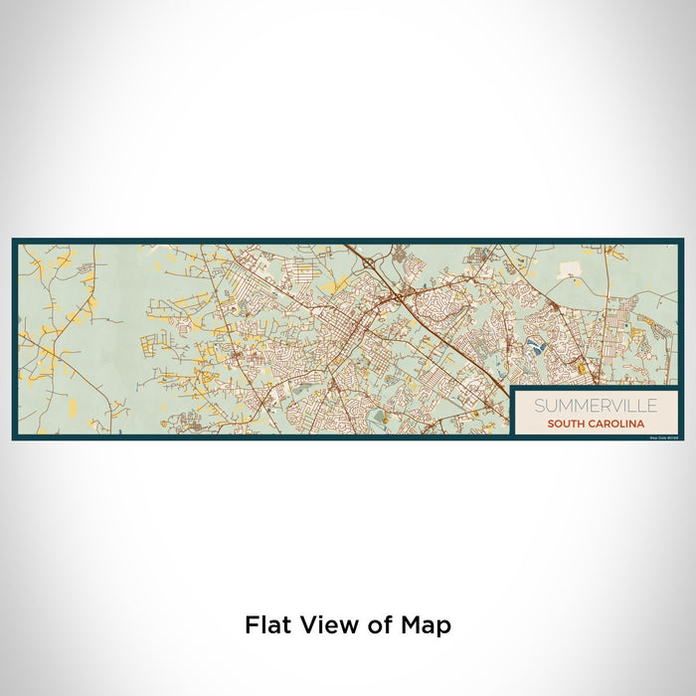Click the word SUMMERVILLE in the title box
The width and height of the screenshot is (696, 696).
pyautogui.click(x=595, y=406)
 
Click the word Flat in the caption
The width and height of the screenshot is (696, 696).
pyautogui.click(x=265, y=625)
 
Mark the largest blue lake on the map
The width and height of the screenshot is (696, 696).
pyautogui.click(x=537, y=347)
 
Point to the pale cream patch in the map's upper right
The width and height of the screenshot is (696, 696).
pyautogui.click(x=571, y=268)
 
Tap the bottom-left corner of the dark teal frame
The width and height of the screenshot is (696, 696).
pyautogui.click(x=14, y=437)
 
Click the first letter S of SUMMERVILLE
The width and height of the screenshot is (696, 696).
pyautogui.click(x=538, y=406)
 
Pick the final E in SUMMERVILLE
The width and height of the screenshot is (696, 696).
pyautogui.click(x=651, y=406)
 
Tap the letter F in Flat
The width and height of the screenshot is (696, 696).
pyautogui.click(x=251, y=625)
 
